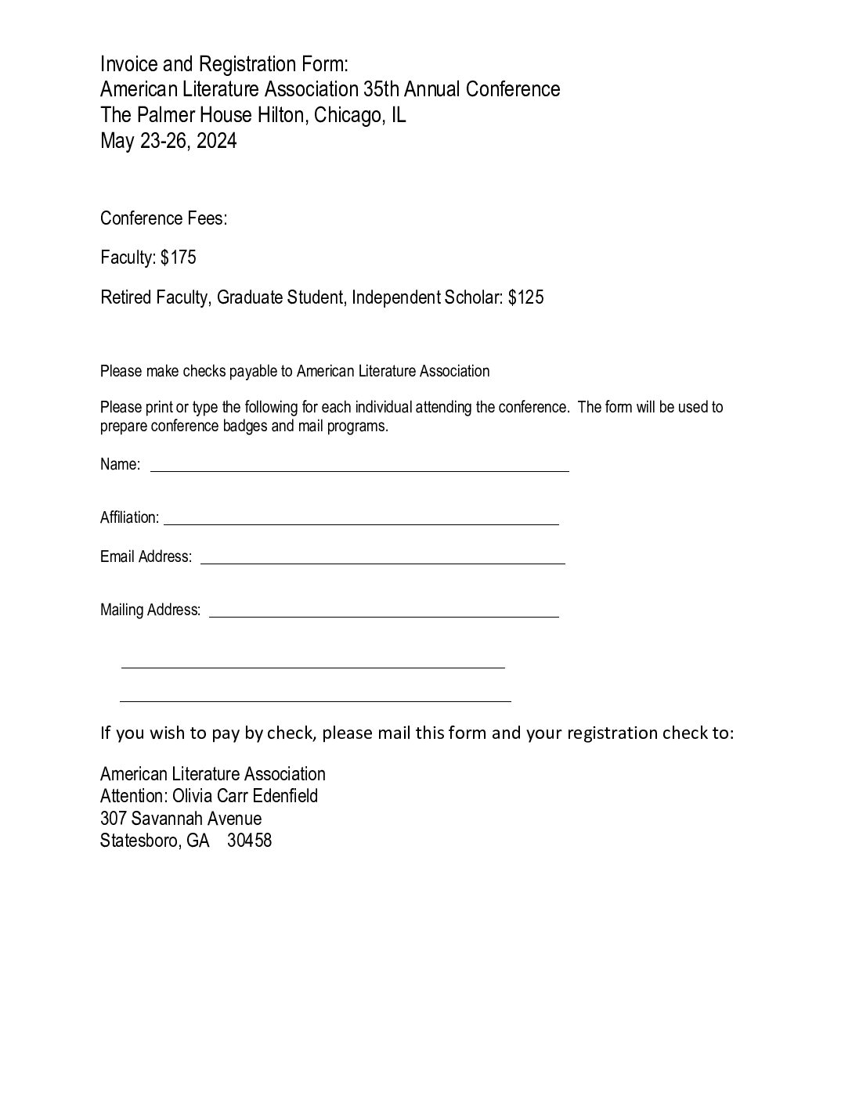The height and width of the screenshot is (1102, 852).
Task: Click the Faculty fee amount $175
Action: [x=179, y=257]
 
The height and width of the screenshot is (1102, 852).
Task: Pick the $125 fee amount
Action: [x=525, y=297]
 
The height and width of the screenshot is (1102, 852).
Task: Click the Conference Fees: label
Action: [x=164, y=218]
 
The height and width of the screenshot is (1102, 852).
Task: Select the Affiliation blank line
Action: [x=361, y=522]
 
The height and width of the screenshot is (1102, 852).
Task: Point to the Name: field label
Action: [x=121, y=464]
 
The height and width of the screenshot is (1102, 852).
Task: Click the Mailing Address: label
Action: [x=150, y=610]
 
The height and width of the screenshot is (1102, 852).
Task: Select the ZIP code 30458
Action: [x=249, y=841]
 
